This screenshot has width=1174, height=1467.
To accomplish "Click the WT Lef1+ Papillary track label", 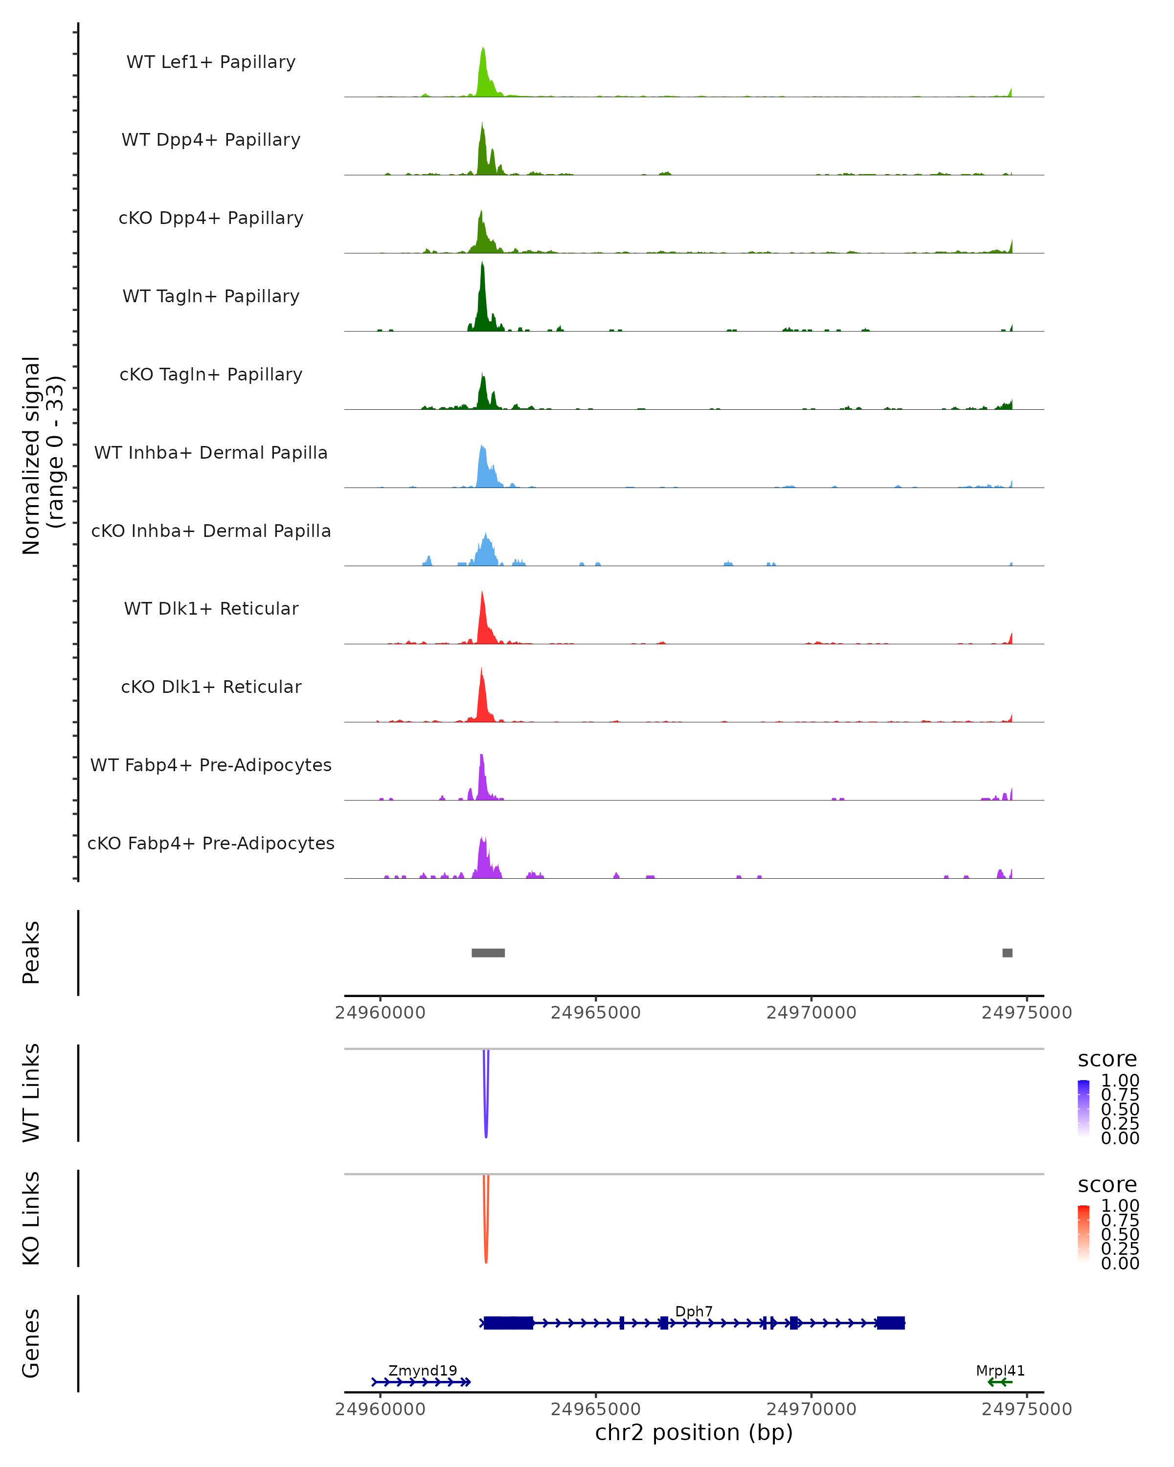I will (x=211, y=62).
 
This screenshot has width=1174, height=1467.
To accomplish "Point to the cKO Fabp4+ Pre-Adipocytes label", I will (x=211, y=843).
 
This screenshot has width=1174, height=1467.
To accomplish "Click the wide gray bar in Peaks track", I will (x=488, y=953).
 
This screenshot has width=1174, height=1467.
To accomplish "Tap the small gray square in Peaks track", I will (x=1007, y=953).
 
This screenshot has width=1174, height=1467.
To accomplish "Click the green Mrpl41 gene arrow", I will (x=1000, y=1382).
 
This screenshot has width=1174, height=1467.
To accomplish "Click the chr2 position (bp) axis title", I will (x=694, y=1433).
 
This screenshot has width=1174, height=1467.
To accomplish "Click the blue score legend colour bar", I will (x=1084, y=1109).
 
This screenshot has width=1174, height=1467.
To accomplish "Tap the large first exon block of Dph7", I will (x=508, y=1323).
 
